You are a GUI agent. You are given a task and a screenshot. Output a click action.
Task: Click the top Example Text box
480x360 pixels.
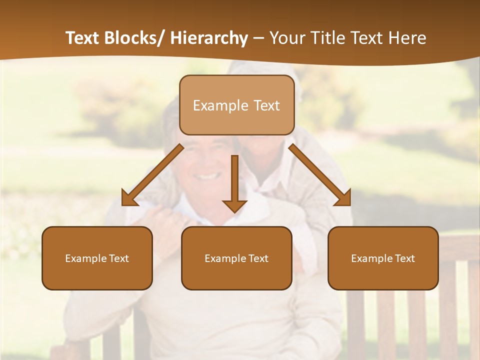[x=236, y=105]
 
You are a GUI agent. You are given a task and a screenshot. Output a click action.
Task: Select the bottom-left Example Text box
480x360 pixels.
[x=97, y=258]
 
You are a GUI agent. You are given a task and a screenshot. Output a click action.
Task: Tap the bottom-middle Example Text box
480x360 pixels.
[x=236, y=258]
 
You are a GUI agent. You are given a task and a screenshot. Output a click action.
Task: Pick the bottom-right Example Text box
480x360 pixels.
[x=383, y=258]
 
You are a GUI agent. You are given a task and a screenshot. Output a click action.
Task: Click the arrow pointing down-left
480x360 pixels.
[x=152, y=175]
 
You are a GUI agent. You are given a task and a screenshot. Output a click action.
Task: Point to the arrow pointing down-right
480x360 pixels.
[x=320, y=175]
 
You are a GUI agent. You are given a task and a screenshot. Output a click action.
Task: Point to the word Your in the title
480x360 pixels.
[x=286, y=38]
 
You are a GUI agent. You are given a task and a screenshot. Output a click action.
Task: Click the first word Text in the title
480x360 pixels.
[x=82, y=38]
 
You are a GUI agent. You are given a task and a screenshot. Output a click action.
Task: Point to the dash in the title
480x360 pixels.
[x=258, y=38]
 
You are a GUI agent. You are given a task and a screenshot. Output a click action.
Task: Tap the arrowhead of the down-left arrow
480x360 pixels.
[x=128, y=198]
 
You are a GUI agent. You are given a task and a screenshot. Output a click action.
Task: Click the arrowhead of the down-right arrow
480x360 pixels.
[x=343, y=198]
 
